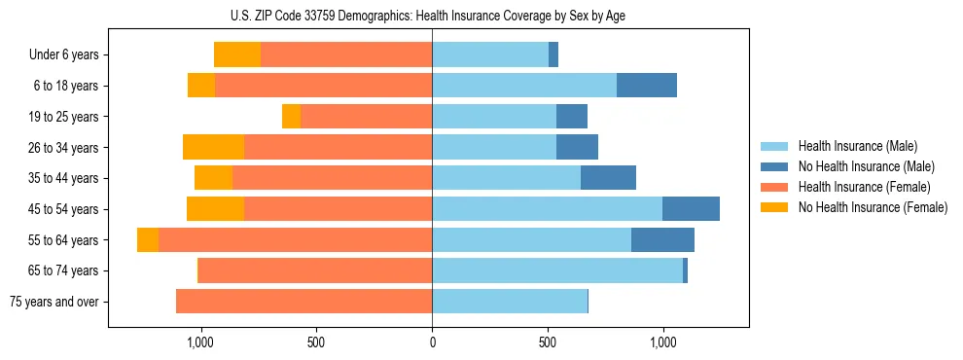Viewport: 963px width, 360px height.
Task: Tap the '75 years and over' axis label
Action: pyautogui.click(x=54, y=302)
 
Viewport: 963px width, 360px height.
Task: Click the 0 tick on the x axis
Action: pyautogui.click(x=432, y=343)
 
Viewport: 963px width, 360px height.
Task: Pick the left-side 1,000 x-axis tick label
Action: pyautogui.click(x=199, y=343)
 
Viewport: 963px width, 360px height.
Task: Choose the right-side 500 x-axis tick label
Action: pyautogui.click(x=548, y=343)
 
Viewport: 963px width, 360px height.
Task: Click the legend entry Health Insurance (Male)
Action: pyautogui.click(x=858, y=146)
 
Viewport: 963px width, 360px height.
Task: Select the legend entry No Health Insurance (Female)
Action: pyautogui.click(x=873, y=207)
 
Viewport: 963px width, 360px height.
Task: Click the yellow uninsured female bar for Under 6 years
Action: pyautogui.click(x=237, y=54)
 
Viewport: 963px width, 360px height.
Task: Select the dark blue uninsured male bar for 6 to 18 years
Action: pyautogui.click(x=647, y=86)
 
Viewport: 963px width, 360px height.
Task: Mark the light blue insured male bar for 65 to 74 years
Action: pyautogui.click(x=557, y=270)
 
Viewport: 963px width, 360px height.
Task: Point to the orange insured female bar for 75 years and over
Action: pyautogui.click(x=303, y=302)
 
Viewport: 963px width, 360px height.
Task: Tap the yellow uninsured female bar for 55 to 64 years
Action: pyautogui.click(x=148, y=240)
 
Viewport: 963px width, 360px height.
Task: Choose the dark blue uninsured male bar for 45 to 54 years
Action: pyautogui.click(x=691, y=209)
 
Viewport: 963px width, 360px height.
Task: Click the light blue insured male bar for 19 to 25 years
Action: pyautogui.click(x=494, y=117)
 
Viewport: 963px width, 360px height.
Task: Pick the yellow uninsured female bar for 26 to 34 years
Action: pyautogui.click(x=213, y=148)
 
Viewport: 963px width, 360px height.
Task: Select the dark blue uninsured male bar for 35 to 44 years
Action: pyautogui.click(x=608, y=178)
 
